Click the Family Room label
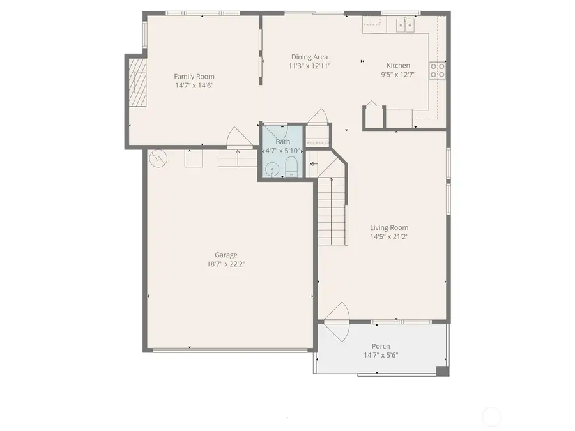[x=194, y=77]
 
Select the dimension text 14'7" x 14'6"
[x=194, y=85]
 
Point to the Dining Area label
[x=309, y=57]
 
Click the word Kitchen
[x=398, y=66]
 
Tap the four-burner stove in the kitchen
[x=438, y=70]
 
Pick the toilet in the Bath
[x=291, y=168]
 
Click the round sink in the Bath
[x=273, y=169]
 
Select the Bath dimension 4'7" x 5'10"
[x=283, y=151]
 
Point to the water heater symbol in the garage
[x=156, y=156]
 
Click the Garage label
[x=226, y=255]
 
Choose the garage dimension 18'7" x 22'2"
[x=226, y=263]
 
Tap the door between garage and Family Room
[x=237, y=138]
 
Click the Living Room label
[x=389, y=227]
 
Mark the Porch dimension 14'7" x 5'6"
[x=381, y=355]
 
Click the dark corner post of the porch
[x=441, y=370]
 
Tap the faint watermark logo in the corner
[x=491, y=417]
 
